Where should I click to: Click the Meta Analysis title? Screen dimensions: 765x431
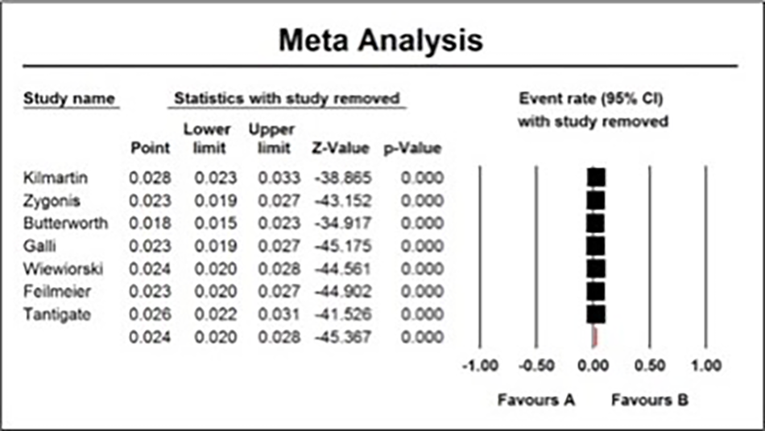coord(381,40)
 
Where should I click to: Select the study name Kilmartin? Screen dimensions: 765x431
coord(56,178)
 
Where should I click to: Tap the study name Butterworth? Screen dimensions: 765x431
coord(66,223)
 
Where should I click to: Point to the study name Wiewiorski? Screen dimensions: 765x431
coord(64,269)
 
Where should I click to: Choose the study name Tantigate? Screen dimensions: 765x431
coord(57,314)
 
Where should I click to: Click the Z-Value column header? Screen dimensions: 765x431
coord(341,148)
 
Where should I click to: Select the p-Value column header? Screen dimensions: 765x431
coord(412,149)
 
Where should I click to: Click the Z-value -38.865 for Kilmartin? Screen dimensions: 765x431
coord(343,178)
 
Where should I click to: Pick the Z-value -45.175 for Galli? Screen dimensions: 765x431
coord(343,246)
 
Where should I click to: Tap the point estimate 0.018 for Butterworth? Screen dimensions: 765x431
coord(151,223)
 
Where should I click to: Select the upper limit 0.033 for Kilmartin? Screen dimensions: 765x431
coord(279,178)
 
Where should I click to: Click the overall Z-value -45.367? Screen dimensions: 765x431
coord(343,337)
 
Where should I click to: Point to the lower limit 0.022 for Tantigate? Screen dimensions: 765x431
coord(216,314)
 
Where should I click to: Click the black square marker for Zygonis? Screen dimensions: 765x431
coord(596,201)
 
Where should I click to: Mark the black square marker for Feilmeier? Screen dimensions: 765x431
coord(596,291)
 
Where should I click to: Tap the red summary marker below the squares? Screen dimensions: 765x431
coord(595,337)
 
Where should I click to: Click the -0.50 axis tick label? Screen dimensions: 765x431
coord(536,365)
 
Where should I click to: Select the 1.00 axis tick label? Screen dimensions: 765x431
coord(706,365)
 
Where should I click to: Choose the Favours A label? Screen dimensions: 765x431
coord(536,400)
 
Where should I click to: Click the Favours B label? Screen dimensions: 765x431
coord(650,400)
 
